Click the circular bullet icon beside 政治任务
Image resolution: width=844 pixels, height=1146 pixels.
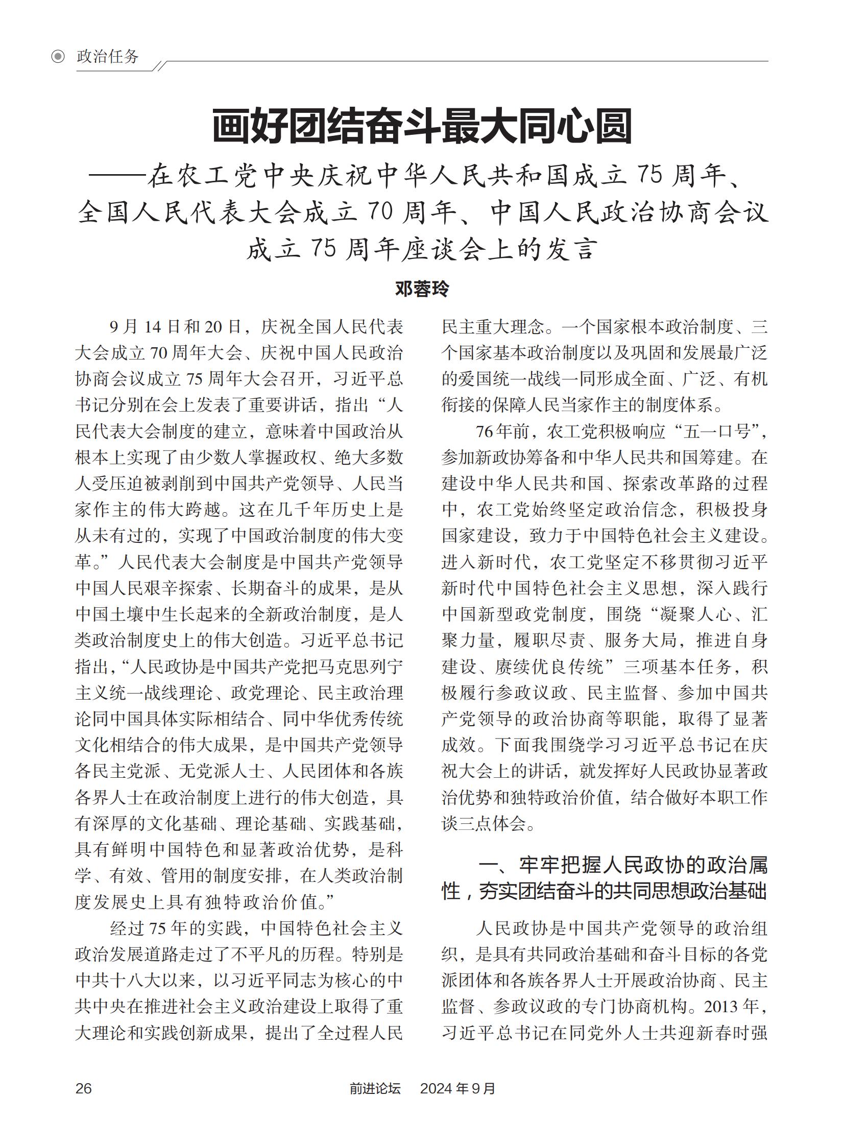tap(58, 57)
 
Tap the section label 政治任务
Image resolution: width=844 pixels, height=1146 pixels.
tap(107, 57)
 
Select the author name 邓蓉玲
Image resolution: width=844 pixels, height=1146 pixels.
tap(422, 289)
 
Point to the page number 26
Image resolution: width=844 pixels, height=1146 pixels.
tap(83, 1088)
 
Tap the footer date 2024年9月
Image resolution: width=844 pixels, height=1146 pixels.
tap(457, 1088)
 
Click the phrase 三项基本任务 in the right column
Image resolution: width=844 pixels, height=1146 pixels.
tap(677, 667)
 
